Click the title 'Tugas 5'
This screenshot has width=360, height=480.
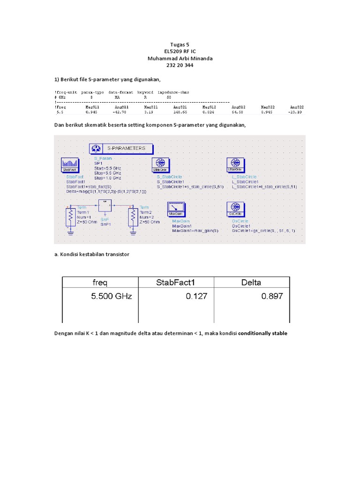(180, 45)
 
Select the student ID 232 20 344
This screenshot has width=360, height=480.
(180, 66)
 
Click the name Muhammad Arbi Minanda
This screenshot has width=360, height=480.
(180, 59)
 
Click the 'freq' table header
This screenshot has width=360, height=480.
(99, 283)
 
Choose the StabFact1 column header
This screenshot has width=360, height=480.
(176, 283)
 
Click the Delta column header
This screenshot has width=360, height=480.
(251, 283)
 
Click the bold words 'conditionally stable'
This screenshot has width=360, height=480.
(262, 333)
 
